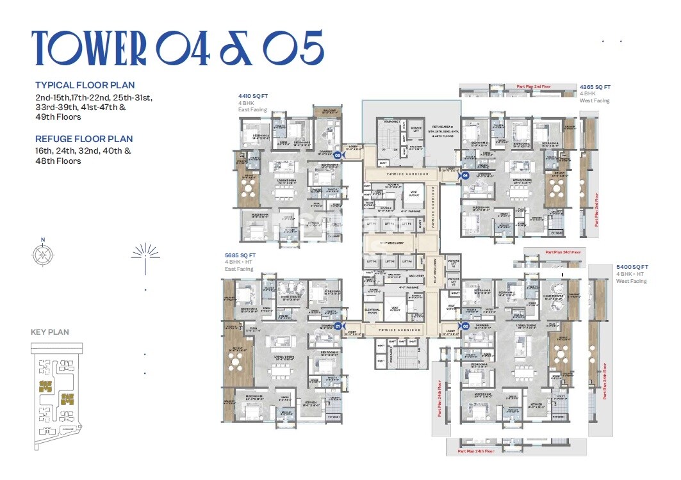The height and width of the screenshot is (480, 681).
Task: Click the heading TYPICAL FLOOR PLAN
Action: tap(85, 85)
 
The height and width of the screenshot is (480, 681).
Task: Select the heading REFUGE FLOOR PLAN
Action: tap(84, 139)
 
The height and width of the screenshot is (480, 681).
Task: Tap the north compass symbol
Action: tap(43, 254)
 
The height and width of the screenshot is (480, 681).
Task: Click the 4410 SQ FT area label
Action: tap(252, 96)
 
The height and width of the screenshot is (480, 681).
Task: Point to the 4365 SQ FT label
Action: tap(595, 87)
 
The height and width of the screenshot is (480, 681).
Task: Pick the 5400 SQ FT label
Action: tap(632, 267)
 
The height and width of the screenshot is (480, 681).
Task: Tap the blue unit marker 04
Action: tap(465, 175)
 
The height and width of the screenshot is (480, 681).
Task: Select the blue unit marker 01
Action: tap(337, 326)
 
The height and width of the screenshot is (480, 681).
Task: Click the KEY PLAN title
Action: tap(50, 332)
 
